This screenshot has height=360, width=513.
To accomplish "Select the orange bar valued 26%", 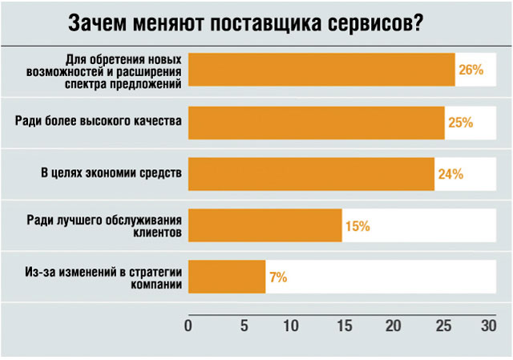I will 321,70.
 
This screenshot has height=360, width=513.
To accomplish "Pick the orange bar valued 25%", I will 316,122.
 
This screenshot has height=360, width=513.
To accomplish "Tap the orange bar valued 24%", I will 311,174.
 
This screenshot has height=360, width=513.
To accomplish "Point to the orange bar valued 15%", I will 265,225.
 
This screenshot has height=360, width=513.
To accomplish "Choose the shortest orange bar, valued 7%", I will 226,277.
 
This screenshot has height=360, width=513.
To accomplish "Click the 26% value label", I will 471,70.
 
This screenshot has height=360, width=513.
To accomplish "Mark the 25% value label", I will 461,123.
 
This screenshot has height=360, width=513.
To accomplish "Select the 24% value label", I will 450,174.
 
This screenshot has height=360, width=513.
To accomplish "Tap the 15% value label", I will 357,226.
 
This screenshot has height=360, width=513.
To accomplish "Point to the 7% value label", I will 278,277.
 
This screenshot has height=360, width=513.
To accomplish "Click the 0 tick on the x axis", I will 188,326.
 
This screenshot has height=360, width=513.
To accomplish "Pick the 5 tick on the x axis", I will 238,326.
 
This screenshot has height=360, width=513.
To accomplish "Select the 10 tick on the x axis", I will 289,326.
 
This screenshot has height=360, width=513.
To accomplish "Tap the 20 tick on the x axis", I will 393,326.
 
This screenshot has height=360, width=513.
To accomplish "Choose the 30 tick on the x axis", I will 489,326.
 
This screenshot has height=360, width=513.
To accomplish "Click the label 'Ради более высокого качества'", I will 99,120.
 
